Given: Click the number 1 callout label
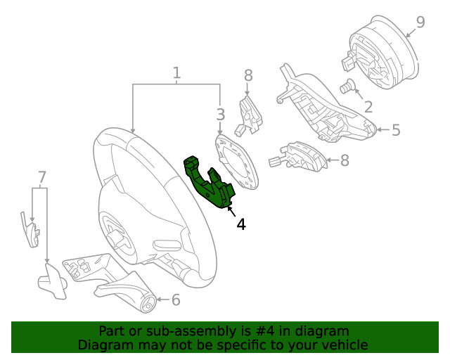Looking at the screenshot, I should pos(176,72).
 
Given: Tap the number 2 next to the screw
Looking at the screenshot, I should pos(368,107).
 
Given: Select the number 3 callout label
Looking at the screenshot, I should pos(220,114).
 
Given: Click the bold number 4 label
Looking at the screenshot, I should pos(240,224).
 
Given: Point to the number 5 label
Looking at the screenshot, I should pos(395,130).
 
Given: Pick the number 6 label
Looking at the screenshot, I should pos(175,300).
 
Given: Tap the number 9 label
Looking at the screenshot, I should pos(420,22).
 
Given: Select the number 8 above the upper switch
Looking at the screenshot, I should pos(248,75).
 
